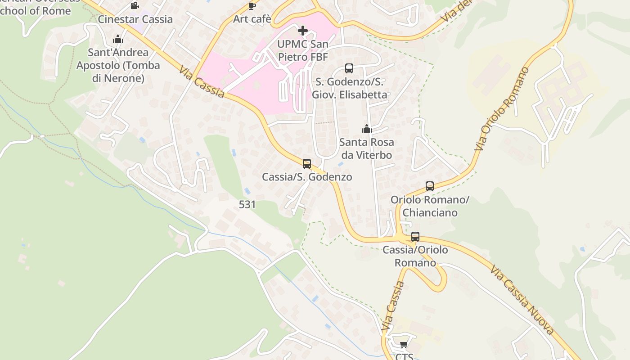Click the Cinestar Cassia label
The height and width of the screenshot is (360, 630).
pos(135,19)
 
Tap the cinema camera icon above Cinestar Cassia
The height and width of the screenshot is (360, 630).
pos(135,6)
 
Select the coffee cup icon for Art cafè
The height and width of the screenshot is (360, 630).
pos(252,6)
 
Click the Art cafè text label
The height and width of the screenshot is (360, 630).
pos(252,19)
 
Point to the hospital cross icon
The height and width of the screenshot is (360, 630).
pos(303,31)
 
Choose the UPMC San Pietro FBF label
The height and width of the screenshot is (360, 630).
pos(302,50)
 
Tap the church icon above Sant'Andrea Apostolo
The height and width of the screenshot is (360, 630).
pos(118,39)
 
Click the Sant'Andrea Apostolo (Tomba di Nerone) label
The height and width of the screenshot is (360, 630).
pos(118,65)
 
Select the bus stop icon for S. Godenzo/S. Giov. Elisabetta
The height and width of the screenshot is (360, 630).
pos(349,68)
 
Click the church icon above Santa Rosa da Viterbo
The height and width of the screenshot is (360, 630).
pos(366,129)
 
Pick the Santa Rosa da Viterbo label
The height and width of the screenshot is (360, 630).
pos(366,148)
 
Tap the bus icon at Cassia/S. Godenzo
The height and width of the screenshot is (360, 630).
pos(307,163)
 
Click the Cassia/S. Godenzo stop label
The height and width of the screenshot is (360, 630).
pos(307,177)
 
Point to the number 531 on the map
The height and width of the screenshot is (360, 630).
pos(247,205)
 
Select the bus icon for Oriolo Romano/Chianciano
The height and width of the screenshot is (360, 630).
pos(430,186)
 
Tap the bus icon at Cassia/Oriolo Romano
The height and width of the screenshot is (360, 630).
pos(415,237)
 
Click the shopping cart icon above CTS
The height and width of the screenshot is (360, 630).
pos(404,345)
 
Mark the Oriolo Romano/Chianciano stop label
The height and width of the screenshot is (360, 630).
pos(430,206)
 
